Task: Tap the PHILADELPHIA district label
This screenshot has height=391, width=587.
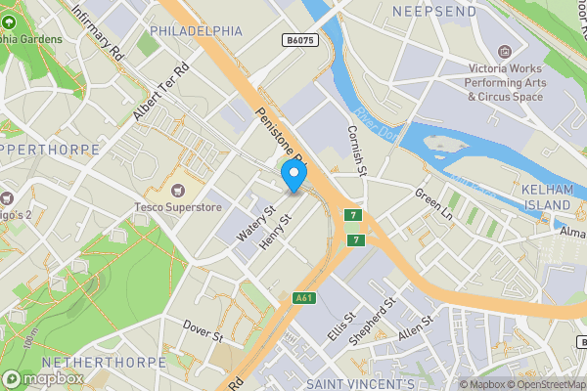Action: (x=196, y=31)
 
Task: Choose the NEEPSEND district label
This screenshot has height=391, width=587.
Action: (x=434, y=12)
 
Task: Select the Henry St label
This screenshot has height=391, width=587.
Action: (x=276, y=231)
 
